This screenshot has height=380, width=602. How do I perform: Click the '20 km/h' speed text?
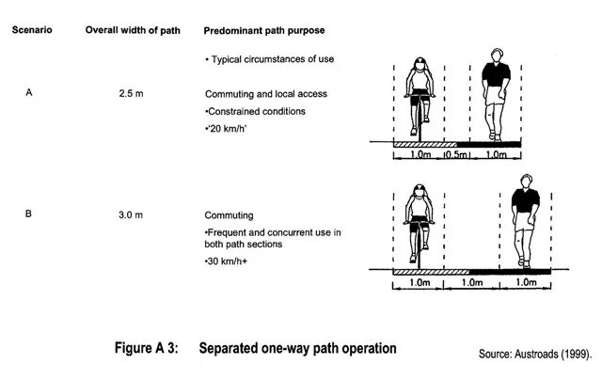[x=229, y=127]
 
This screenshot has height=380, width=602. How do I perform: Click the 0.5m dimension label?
[x=457, y=154]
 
